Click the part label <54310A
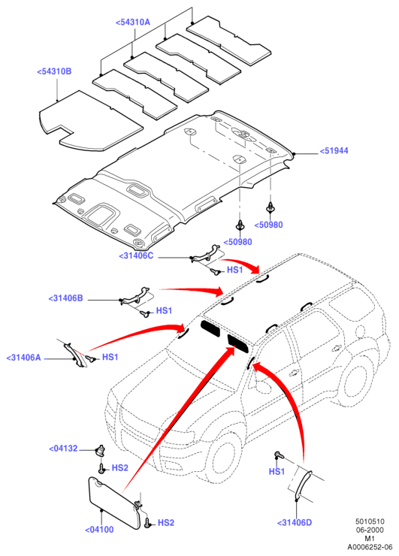coord(133,22)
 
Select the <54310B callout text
coord(54,71)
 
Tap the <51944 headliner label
coord(334,151)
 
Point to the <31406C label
coord(136,255)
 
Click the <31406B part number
coord(65,298)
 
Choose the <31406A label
coord(24,358)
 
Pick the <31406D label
coord(295,523)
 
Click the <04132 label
coord(63,449)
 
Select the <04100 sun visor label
coord(99,530)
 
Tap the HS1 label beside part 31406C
coord(234,270)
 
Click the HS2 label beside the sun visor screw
coord(166,523)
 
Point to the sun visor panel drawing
coord(112,502)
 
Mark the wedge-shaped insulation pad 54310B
coord(90,120)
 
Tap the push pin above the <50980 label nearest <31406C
coord(240,225)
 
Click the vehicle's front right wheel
coord(224,458)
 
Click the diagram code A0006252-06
coord(370,547)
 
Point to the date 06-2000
coord(370,530)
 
